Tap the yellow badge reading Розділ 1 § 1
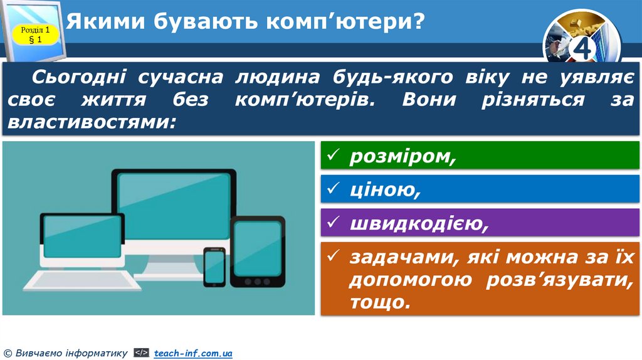[x=35, y=34]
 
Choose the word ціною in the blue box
[x=384, y=189]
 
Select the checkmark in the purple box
[x=334, y=221]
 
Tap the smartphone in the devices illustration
[x=214, y=267]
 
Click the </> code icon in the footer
[x=141, y=354]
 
